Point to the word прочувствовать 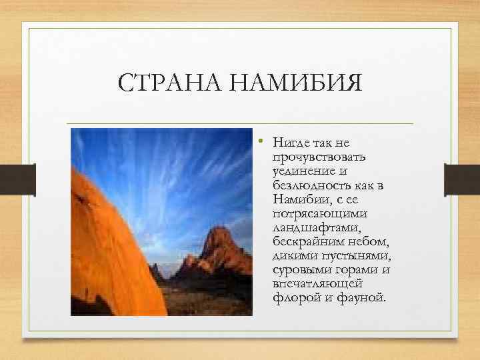pos(310,156)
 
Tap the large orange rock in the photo pos(107,247)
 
